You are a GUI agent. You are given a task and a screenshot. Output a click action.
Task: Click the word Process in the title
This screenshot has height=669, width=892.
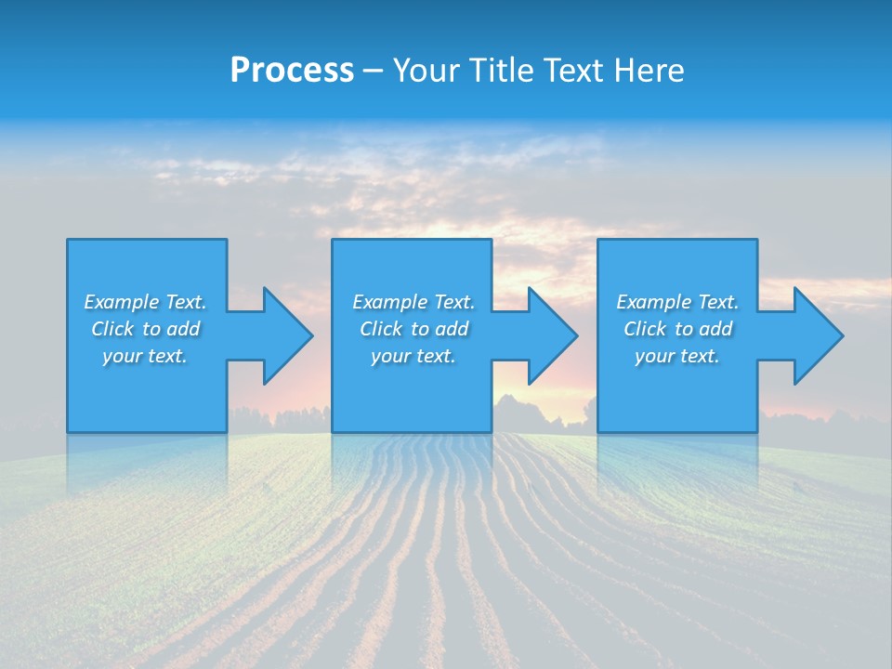pyautogui.click(x=292, y=71)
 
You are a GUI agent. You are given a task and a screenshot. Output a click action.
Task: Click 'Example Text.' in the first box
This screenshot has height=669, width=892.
pyautogui.click(x=145, y=302)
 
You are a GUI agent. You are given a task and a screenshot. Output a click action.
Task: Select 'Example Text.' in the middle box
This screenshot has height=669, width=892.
pyautogui.click(x=413, y=302)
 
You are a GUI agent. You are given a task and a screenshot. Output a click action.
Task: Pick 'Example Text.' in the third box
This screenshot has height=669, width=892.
pyautogui.click(x=677, y=302)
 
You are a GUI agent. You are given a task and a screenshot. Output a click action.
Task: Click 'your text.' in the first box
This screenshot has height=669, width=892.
pyautogui.click(x=145, y=356)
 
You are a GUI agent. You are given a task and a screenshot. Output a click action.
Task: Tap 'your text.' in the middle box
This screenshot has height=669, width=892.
pyautogui.click(x=413, y=356)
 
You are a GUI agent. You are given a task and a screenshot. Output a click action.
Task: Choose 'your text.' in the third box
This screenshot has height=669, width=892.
pyautogui.click(x=677, y=356)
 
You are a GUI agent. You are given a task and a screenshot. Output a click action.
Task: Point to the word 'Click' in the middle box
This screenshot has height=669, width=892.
pyautogui.click(x=381, y=329)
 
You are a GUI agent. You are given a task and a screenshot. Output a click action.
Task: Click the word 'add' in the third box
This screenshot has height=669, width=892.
pyautogui.click(x=715, y=329)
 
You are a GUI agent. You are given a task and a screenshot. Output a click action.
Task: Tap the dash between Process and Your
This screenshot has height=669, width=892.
pyautogui.click(x=373, y=72)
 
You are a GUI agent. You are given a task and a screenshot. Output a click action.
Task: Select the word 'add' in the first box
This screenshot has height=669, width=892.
pyautogui.click(x=182, y=329)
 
